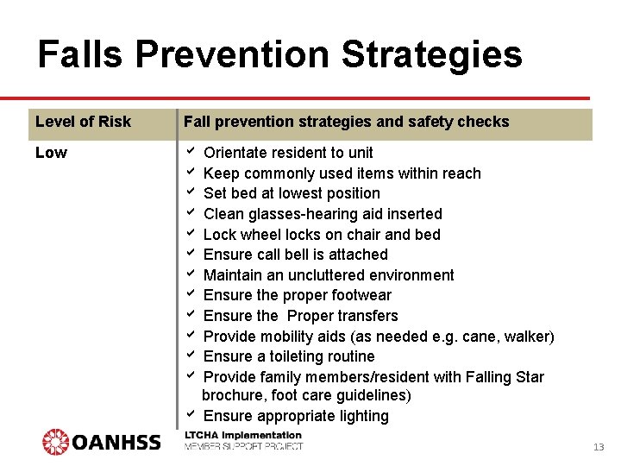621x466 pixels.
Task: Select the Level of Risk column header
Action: point(83,122)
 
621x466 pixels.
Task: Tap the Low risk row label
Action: point(51,153)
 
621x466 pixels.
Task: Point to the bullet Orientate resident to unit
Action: point(288,153)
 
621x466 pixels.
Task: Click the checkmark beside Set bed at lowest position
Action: point(191,192)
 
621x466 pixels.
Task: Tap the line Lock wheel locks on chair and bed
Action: point(322,235)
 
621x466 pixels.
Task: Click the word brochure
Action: point(233,396)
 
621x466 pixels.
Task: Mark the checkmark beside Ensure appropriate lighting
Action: point(191,415)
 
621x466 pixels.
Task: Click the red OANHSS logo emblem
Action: point(56,442)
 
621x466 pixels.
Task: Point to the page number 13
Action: point(599,447)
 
